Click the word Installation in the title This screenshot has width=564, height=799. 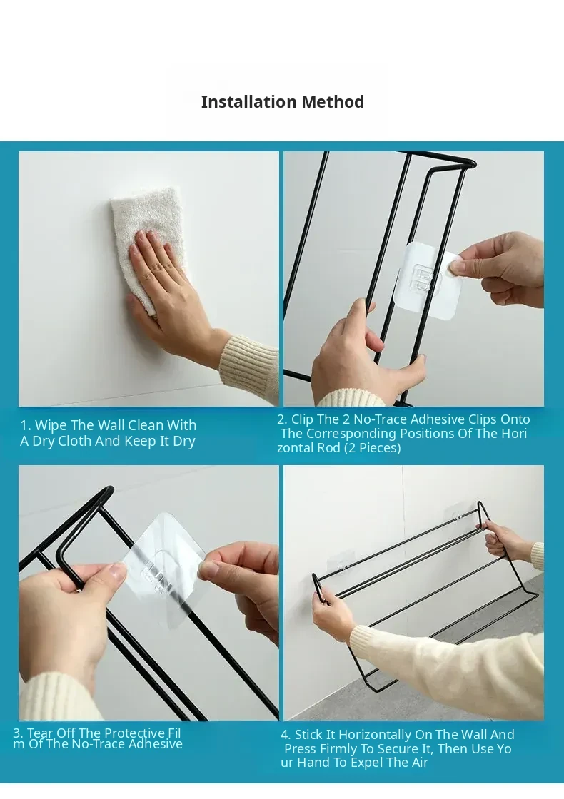pos(249,102)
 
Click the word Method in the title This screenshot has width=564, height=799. pos(333,102)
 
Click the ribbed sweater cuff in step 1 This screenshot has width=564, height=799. pos(249,362)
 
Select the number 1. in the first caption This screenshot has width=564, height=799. pos(26,425)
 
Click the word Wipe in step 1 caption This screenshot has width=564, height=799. pos(49,426)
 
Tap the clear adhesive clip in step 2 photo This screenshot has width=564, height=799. pos(428,280)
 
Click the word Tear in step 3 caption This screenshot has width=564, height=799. pos(39,733)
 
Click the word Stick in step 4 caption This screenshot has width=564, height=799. pos(309,735)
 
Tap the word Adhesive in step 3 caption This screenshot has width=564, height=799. pos(155,745)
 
